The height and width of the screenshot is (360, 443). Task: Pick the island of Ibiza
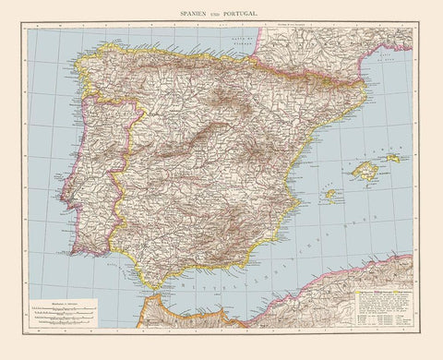point(329,195)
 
